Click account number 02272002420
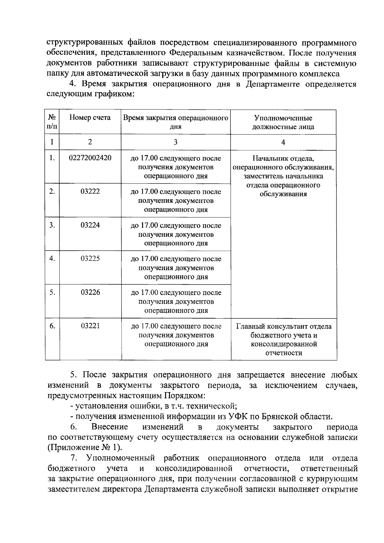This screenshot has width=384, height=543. click(x=90, y=158)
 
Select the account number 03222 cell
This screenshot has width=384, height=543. click(x=90, y=191)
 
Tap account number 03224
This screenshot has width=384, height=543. click(x=90, y=225)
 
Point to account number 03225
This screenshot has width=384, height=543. click(x=90, y=259)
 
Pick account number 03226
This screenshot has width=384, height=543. click(x=90, y=292)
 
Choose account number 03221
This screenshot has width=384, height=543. click(x=90, y=326)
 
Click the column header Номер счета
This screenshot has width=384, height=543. click(x=90, y=118)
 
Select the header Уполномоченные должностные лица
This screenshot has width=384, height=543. click(x=283, y=122)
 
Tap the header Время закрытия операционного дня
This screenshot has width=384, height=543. click(x=176, y=122)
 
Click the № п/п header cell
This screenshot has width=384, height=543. click(x=52, y=122)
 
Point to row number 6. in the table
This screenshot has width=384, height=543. click(x=52, y=326)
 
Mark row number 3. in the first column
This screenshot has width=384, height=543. click(x=52, y=225)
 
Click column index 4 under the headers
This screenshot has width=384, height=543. click(x=283, y=142)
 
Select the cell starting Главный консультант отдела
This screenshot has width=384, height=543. click(x=284, y=340)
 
